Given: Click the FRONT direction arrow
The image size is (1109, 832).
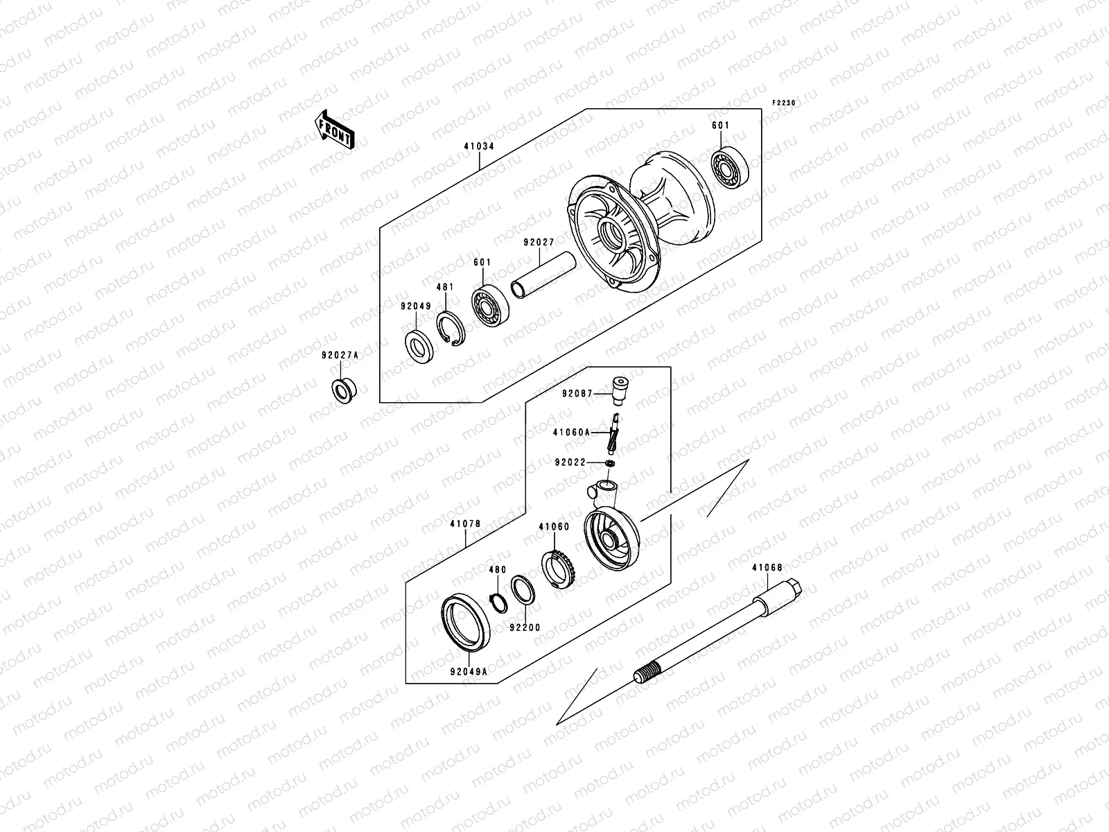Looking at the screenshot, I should point(335,129).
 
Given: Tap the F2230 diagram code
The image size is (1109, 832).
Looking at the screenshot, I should point(785,103).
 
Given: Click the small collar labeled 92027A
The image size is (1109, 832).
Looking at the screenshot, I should point(342,390).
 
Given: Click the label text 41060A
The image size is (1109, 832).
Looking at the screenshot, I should point(571,433).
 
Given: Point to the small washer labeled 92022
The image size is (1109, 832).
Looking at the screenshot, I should point(609,462).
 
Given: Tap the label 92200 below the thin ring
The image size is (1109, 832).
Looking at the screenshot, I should point(524,627).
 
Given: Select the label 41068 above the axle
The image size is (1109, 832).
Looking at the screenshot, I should point(767,568).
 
